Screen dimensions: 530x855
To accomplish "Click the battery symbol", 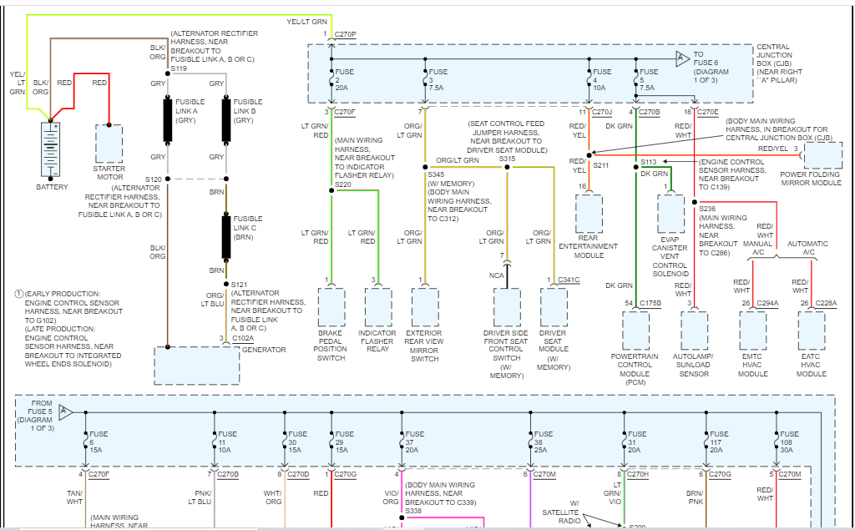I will click(52, 148).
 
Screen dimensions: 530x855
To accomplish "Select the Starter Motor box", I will click(109, 144).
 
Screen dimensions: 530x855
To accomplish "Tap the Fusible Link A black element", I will click(167, 120).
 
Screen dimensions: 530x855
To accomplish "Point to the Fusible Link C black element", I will click(226, 236).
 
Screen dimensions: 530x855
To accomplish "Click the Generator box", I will click(195, 365).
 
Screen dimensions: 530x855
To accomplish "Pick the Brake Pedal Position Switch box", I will click(331, 308).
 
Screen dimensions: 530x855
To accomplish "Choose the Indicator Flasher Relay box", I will click(377, 308).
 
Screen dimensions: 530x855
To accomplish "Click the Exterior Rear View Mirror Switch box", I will click(424, 308).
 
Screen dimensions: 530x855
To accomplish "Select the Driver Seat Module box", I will click(553, 308).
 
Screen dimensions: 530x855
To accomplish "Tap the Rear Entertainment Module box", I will click(589, 214).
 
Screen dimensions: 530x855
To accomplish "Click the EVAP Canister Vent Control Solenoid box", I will click(670, 214).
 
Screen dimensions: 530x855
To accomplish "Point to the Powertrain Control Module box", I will click(636, 331).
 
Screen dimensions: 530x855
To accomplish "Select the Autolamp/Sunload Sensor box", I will click(695, 331).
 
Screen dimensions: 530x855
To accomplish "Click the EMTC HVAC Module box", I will click(752, 331).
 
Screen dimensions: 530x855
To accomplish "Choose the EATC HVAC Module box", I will click(811, 331).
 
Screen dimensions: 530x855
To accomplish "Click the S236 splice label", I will click(708, 208).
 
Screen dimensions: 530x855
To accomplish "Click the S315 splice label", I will click(507, 158).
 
